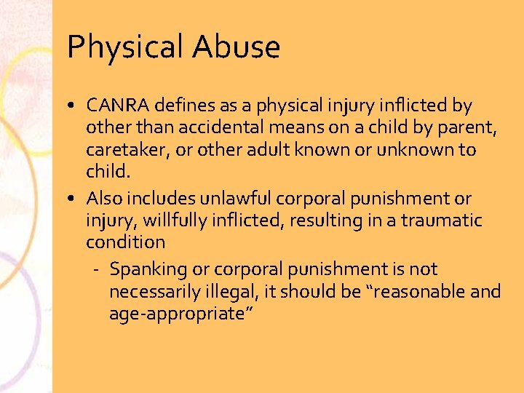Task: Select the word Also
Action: pos(103,198)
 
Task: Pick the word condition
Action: pos(125,241)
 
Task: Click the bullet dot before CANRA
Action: pos(75,107)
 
